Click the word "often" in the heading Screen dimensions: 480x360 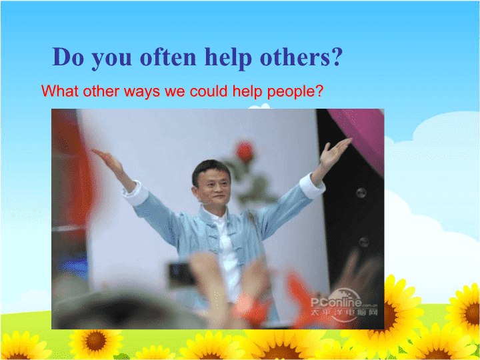(168, 57)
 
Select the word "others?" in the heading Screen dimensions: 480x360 (300, 57)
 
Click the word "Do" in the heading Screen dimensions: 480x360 (67, 57)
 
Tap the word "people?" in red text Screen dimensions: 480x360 (295, 91)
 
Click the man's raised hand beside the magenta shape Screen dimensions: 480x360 (335, 153)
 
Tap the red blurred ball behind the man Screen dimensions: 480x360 (245, 151)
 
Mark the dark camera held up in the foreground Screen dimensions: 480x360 (181, 274)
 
